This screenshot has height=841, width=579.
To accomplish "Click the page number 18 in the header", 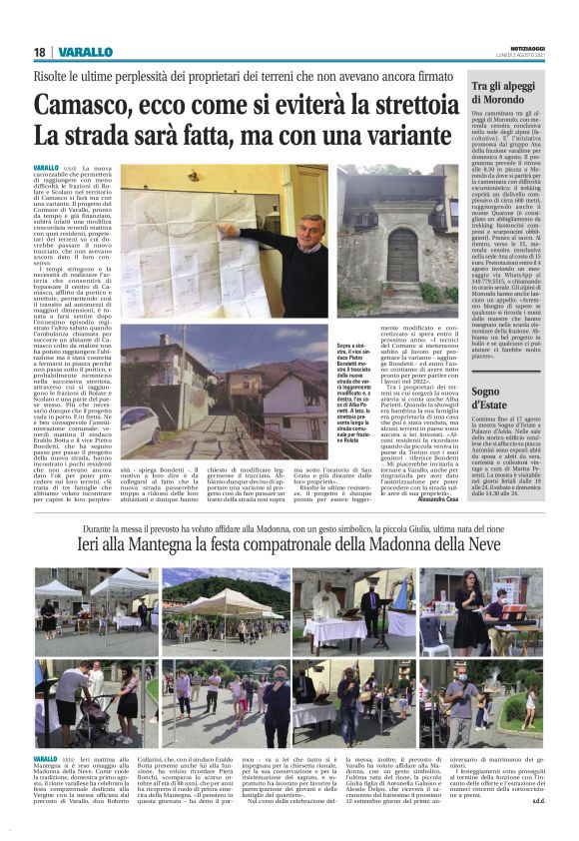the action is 41,52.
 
